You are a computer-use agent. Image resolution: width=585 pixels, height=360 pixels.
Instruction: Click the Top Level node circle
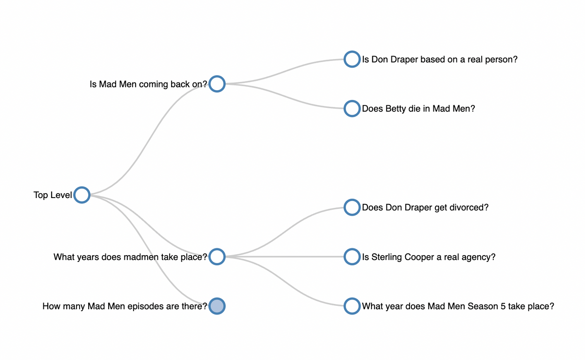82,195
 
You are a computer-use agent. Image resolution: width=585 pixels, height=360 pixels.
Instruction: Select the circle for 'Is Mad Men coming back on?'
217,84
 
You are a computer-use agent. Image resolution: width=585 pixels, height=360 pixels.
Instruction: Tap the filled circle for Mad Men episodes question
217,306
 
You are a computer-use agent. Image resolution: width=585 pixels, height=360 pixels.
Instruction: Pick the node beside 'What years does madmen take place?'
217,257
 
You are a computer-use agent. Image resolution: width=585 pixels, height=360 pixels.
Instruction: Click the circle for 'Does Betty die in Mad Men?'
351,108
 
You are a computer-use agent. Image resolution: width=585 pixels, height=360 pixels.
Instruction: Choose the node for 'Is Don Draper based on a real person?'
351,59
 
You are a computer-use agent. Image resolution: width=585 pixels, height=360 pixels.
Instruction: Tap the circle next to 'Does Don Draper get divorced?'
351,207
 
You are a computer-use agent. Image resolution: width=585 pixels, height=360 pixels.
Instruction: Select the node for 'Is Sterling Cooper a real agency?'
351,257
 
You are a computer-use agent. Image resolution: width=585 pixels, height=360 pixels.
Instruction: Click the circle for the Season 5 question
351,306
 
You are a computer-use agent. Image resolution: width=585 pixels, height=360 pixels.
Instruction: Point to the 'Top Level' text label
53,195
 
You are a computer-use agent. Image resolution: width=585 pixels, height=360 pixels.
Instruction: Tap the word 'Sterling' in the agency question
387,257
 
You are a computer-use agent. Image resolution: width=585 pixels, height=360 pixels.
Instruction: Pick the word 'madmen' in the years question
139,257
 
